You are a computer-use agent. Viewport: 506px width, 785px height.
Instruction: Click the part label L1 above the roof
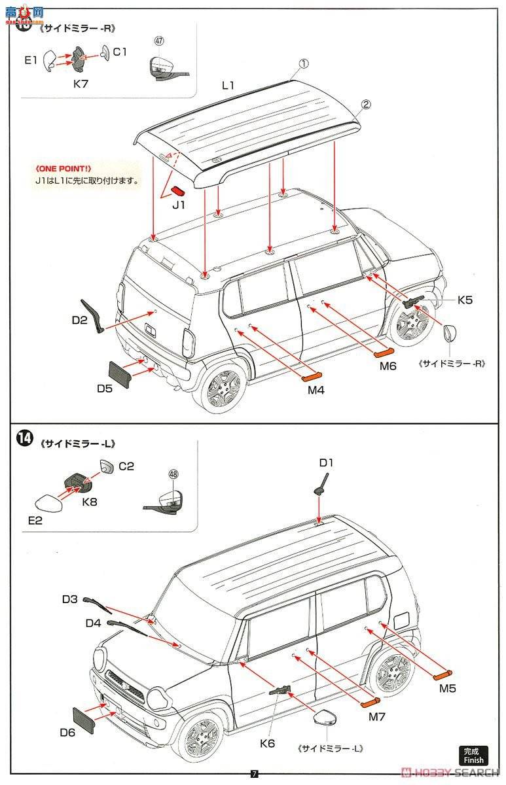point(228,86)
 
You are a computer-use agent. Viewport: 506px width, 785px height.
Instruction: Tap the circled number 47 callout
point(158,41)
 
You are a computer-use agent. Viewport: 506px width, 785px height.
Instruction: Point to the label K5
point(465,300)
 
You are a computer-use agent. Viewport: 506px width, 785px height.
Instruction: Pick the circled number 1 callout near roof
point(304,64)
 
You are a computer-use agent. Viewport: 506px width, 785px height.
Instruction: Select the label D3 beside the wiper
point(70,599)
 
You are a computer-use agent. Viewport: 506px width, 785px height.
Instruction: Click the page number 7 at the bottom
point(255,774)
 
